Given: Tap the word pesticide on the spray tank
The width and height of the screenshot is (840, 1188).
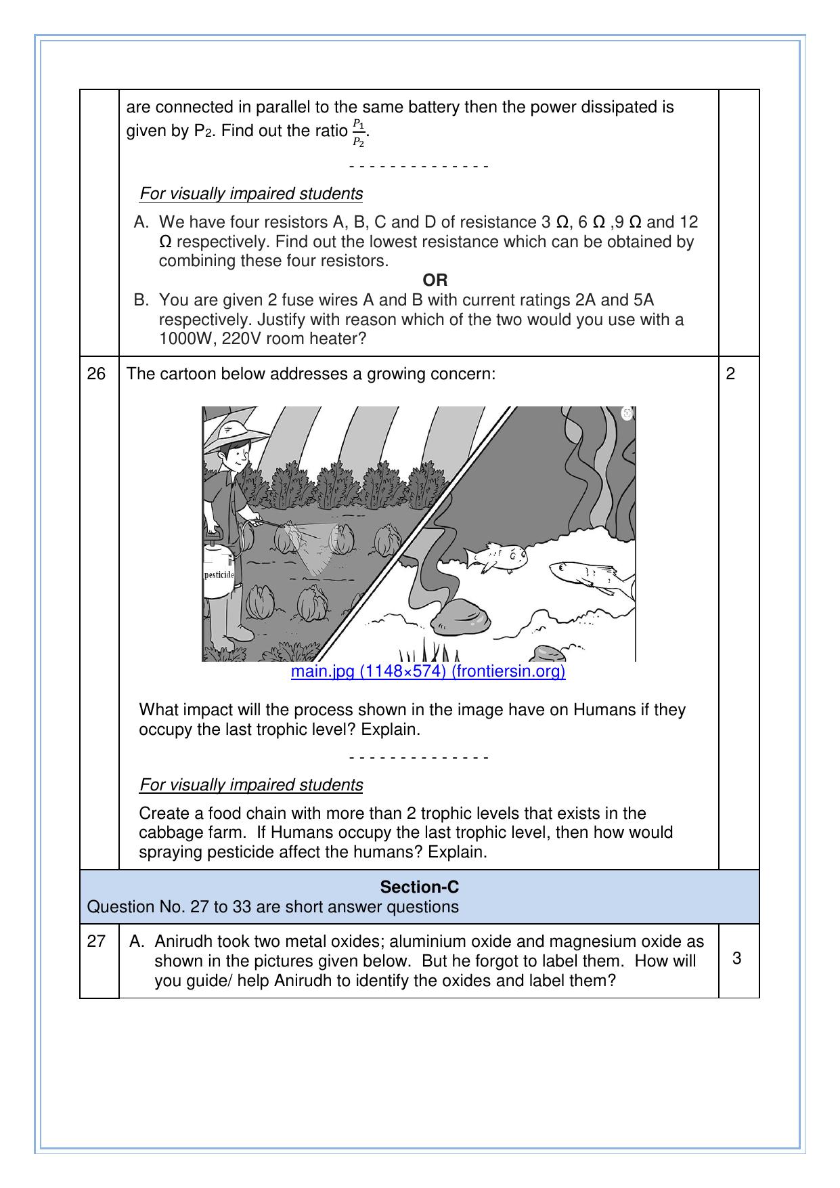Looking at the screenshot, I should pos(219,574).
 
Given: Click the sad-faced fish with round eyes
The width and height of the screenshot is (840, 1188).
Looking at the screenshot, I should pos(498,557).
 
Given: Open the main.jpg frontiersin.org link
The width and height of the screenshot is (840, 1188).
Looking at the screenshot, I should pos(428,671).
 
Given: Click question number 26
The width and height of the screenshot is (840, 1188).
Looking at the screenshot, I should pos(97,374).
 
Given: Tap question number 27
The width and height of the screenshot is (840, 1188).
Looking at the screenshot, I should pos(97,941).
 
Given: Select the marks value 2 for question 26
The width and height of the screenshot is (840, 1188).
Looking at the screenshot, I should pos(730,374).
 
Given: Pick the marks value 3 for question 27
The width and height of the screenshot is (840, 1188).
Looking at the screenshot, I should pos(736,958).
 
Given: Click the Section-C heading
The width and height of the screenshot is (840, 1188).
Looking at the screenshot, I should pos(419,887).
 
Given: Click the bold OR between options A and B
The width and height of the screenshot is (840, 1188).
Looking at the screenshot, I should pos(435,280).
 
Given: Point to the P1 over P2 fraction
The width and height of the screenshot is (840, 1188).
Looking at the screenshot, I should pos(359,133).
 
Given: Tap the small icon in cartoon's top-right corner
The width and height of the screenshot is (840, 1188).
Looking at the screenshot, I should pos(627,413).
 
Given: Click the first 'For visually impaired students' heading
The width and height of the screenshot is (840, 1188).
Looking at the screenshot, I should pos(251,194).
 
